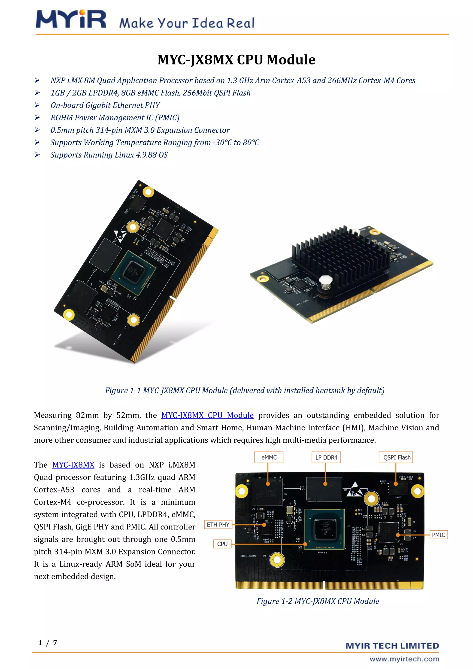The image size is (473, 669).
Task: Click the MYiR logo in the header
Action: click(x=71, y=20)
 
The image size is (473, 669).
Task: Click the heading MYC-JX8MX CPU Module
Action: click(x=236, y=60)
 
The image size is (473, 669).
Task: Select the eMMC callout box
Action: click(x=269, y=457)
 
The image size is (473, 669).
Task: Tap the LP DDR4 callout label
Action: click(x=326, y=457)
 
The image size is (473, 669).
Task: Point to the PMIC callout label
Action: click(x=438, y=535)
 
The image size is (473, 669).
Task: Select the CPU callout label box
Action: click(x=222, y=544)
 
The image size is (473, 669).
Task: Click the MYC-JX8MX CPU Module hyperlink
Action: click(x=207, y=415)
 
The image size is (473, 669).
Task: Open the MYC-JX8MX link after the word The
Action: click(x=73, y=465)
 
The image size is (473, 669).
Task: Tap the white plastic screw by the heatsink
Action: click(x=326, y=282)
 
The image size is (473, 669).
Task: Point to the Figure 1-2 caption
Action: click(x=318, y=601)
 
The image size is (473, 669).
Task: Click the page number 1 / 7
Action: click(x=48, y=642)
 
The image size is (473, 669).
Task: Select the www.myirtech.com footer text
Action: click(x=404, y=659)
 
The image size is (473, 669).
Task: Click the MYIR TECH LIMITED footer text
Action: click(x=392, y=646)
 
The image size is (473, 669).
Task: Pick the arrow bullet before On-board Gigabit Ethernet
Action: click(x=37, y=105)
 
